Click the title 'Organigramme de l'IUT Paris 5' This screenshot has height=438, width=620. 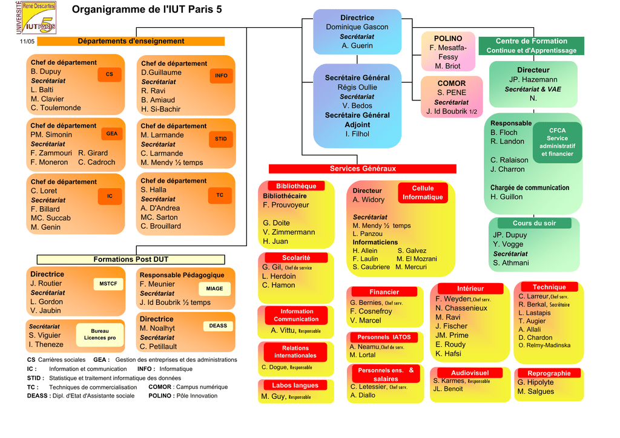[x=147, y=9]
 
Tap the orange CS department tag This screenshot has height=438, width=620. [x=110, y=74]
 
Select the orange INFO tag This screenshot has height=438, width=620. [x=221, y=76]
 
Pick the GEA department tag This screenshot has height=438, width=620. [x=112, y=134]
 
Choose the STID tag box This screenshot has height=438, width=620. [x=221, y=139]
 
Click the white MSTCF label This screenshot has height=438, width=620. [x=108, y=284]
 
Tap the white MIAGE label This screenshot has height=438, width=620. [x=214, y=289]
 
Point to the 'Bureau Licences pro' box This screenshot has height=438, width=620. [x=100, y=334]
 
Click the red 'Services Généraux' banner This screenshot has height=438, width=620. [x=362, y=169]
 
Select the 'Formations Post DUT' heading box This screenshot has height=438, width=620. [x=131, y=260]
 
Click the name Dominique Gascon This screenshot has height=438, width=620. [x=357, y=27]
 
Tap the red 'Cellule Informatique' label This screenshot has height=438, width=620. [x=423, y=193]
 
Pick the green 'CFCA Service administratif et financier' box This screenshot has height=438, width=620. [x=557, y=142]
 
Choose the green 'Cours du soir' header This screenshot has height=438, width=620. [x=534, y=223]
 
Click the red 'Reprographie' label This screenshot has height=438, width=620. [x=549, y=373]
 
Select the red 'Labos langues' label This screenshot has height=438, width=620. [x=295, y=385]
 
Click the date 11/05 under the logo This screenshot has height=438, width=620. [x=27, y=42]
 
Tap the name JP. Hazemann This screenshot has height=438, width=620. [x=533, y=80]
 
